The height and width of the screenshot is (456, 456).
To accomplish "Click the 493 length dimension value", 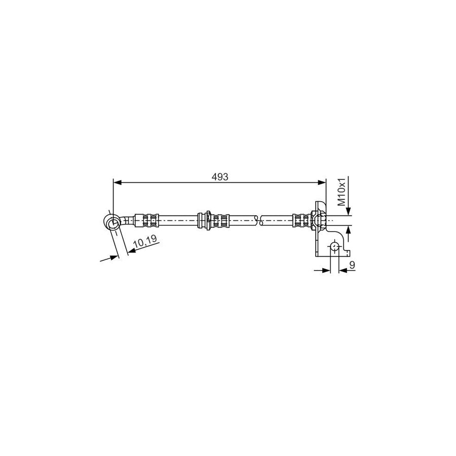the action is [x=220, y=177].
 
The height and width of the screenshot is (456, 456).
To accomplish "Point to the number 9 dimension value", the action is [x=352, y=264].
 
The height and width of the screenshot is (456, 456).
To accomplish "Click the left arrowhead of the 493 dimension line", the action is [x=117, y=182].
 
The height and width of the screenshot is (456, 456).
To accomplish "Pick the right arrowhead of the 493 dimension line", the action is [x=322, y=182].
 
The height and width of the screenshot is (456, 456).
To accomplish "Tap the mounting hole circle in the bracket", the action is [x=334, y=247].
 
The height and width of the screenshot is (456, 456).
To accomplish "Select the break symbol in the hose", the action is [x=258, y=221].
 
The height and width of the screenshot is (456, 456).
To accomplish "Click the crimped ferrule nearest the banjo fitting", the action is [x=150, y=221].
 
